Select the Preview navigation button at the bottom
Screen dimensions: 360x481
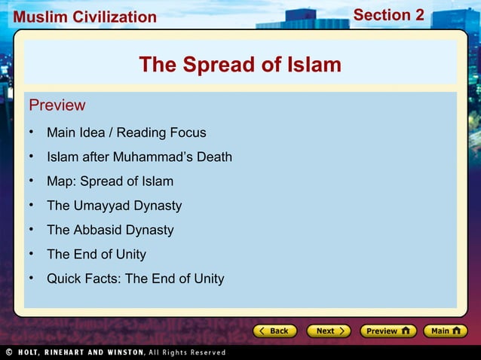click(388, 331)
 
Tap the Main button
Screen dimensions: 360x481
click(445, 331)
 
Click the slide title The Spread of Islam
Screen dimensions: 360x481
click(240, 65)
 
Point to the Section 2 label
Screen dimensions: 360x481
click(388, 15)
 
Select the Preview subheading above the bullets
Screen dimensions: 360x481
click(57, 105)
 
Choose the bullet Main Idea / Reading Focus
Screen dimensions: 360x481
click(126, 133)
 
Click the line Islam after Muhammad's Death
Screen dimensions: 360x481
click(139, 157)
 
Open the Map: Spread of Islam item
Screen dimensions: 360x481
click(110, 181)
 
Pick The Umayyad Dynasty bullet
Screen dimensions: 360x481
click(114, 206)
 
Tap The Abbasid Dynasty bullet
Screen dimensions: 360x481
click(110, 230)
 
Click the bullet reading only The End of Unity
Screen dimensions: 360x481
click(97, 254)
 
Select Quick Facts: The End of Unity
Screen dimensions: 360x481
click(135, 279)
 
